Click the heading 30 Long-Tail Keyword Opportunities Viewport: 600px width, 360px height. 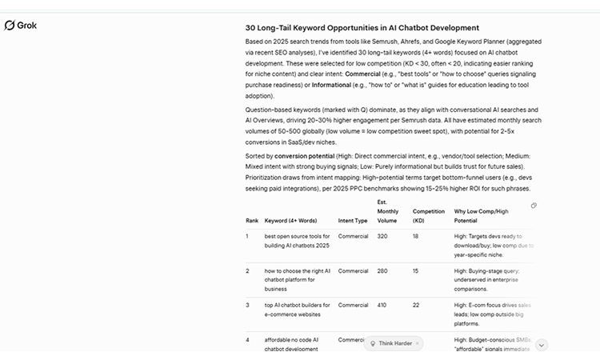pos(362,27)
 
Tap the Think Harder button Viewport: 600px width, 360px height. pos(394,343)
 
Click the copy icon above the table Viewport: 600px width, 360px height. pos(534,206)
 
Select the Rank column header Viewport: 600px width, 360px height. pos(251,219)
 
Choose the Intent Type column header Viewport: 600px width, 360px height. pos(353,219)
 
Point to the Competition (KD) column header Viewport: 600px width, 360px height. pos(428,215)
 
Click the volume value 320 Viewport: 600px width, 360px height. pos(382,237)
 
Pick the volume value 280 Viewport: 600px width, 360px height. pos(382,271)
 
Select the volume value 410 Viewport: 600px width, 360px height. pos(382,305)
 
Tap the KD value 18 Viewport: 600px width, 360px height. pos(416,237)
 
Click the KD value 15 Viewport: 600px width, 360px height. pos(416,271)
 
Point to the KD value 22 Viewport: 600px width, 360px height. pos(416,305)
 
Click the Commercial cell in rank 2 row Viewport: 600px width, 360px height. pos(353,271)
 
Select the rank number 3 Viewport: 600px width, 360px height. pos(248,305)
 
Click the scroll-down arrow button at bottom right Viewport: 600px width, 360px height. pos(542,345)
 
